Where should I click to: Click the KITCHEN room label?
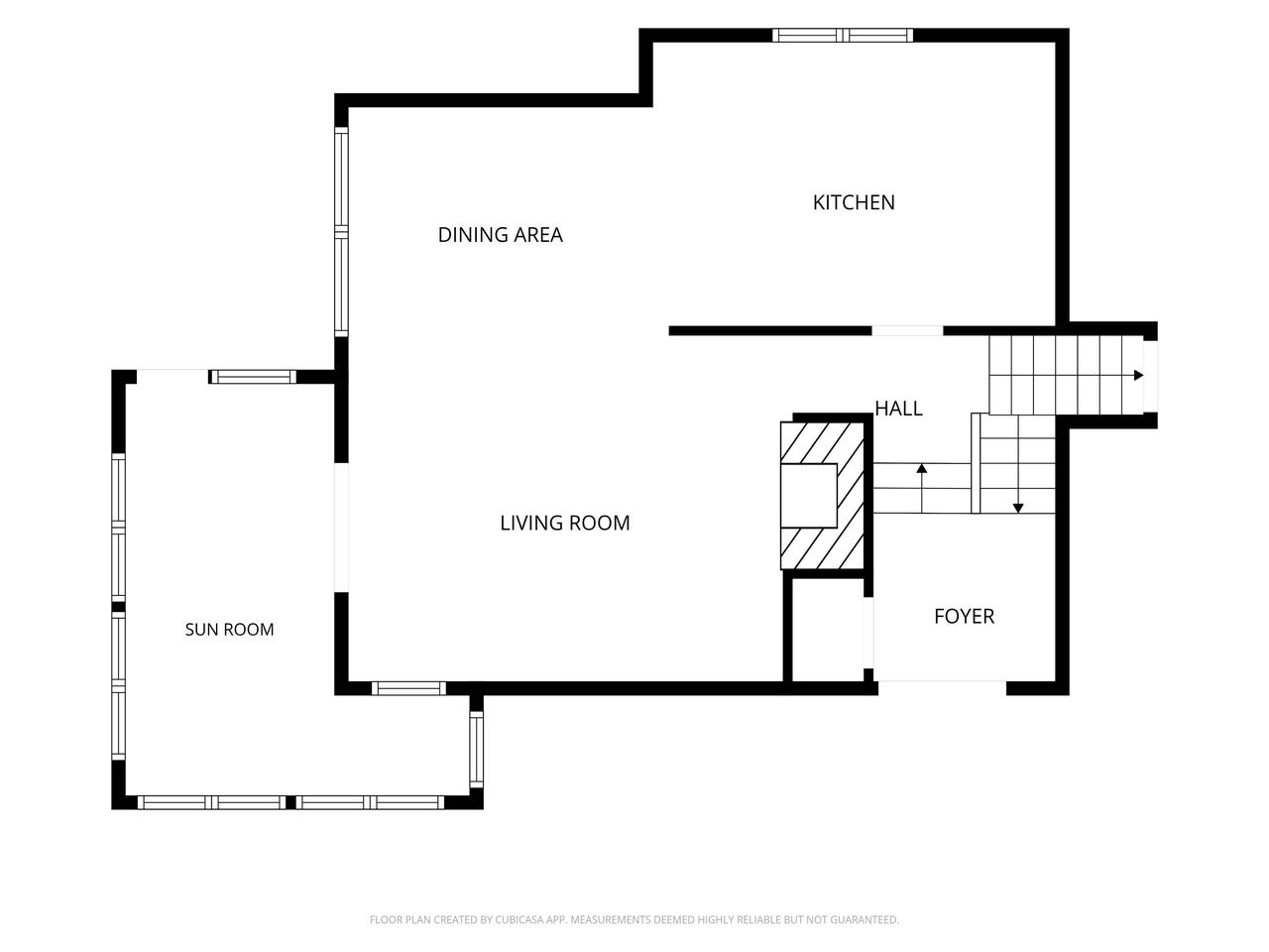coord(854,202)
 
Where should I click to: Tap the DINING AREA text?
coord(500,235)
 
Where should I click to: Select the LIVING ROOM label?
coord(565,523)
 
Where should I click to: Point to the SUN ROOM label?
coord(230,630)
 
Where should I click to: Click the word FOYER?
coord(965,616)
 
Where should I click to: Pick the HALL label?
coord(898,409)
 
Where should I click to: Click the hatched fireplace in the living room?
coord(822,496)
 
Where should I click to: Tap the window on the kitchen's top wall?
coord(843,36)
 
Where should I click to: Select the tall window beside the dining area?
coord(342,232)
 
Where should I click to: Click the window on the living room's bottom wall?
coord(408,688)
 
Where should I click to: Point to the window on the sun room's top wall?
coord(253,377)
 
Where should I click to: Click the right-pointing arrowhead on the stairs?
coord(1138,375)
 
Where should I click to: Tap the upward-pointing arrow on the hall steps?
coord(922,488)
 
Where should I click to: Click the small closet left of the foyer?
coord(827,630)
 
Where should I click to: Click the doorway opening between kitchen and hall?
coord(907,330)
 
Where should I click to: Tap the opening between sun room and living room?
coord(342,528)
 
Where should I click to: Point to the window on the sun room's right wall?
coord(477,749)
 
